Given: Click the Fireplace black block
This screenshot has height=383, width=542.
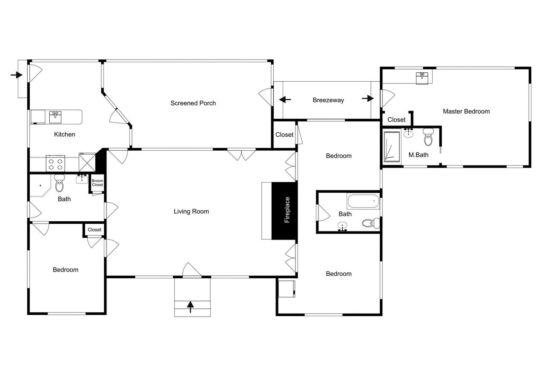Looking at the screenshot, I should tap(284, 211).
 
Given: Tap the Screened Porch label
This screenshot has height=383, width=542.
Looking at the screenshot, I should tap(193, 103).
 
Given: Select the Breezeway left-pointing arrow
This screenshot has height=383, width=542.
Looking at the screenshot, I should tap(285, 100).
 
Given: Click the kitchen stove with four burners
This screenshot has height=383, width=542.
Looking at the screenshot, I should tap(55, 163).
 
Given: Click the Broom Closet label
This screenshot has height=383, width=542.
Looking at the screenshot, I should tap(98, 183).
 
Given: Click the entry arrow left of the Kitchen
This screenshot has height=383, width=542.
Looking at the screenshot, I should tap(16, 75).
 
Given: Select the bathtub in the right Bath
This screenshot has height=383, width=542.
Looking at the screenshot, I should tap(363, 201).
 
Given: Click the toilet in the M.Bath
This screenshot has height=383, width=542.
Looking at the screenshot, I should tap(428, 138).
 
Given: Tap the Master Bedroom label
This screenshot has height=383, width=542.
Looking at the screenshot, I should tap(466, 111).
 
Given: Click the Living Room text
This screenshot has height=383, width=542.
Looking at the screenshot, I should tap(191, 211).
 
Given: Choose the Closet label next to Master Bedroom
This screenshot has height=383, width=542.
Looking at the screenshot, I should tap(396, 120).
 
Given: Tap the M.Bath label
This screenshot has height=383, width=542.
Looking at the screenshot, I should tap(418, 155).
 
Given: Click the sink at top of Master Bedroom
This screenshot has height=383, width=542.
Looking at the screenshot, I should tap(422, 78).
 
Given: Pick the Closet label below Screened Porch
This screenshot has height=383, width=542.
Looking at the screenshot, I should tap(284, 135).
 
